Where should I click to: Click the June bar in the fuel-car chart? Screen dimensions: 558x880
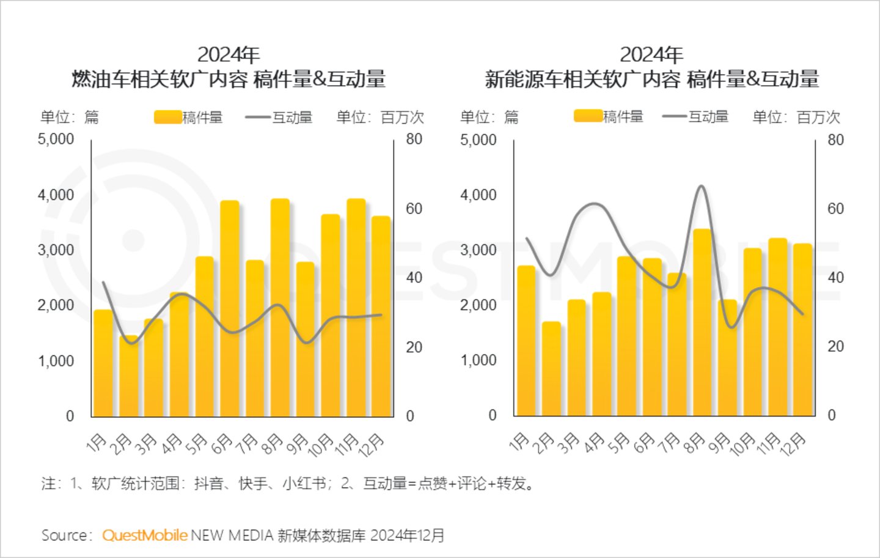click(x=230, y=309)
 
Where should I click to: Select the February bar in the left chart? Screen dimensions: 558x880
click(x=129, y=376)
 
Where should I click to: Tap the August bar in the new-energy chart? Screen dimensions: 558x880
click(x=702, y=322)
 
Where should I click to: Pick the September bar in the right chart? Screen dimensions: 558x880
click(x=727, y=358)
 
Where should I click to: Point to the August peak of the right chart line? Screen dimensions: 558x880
click(x=702, y=186)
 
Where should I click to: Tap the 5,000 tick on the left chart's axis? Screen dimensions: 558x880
click(x=56, y=139)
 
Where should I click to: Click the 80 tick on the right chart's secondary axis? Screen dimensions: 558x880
click(x=835, y=139)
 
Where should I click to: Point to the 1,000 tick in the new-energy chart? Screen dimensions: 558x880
click(x=478, y=360)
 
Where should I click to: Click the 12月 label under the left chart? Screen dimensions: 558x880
click(x=372, y=445)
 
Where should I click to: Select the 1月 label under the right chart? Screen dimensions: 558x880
click(x=519, y=442)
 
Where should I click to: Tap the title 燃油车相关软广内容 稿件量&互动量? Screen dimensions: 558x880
click(x=229, y=80)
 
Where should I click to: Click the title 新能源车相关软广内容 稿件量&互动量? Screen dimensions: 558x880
click(x=651, y=80)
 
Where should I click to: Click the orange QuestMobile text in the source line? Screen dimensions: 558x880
click(x=145, y=535)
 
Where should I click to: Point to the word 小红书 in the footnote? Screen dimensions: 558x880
click(x=304, y=484)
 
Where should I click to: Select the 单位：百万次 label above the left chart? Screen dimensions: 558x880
click(x=380, y=117)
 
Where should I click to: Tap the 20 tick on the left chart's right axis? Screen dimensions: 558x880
click(x=414, y=347)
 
